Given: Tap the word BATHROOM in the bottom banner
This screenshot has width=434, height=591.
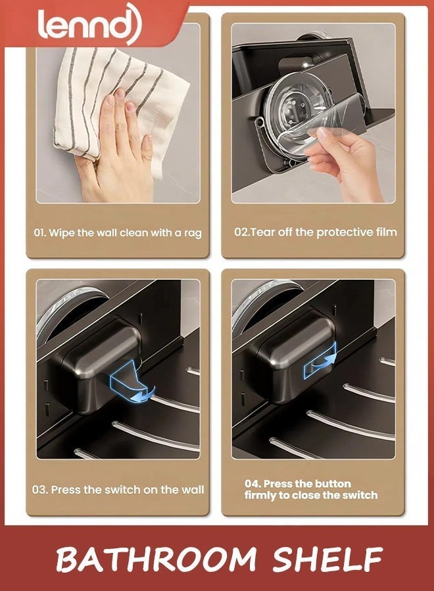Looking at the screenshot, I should pyautogui.click(x=155, y=560).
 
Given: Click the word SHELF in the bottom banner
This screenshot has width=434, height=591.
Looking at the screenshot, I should pyautogui.click(x=327, y=560).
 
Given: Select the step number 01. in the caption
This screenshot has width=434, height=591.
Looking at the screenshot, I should pyautogui.click(x=41, y=232).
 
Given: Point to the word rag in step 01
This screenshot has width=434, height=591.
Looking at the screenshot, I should pyautogui.click(x=192, y=233).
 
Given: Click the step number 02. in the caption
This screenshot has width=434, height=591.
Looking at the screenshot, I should pyautogui.click(x=242, y=232).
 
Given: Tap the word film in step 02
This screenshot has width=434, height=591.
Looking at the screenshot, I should pyautogui.click(x=385, y=232).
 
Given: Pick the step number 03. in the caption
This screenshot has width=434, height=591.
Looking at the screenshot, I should pyautogui.click(x=40, y=489).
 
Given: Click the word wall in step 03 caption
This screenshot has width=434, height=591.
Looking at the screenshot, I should pyautogui.click(x=191, y=489).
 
